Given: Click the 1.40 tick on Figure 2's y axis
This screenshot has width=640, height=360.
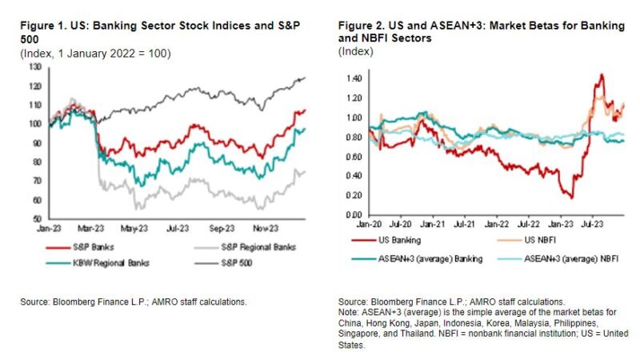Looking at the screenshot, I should pyautogui.click(x=355, y=78).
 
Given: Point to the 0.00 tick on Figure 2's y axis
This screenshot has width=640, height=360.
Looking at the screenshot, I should pyautogui.click(x=355, y=215).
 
